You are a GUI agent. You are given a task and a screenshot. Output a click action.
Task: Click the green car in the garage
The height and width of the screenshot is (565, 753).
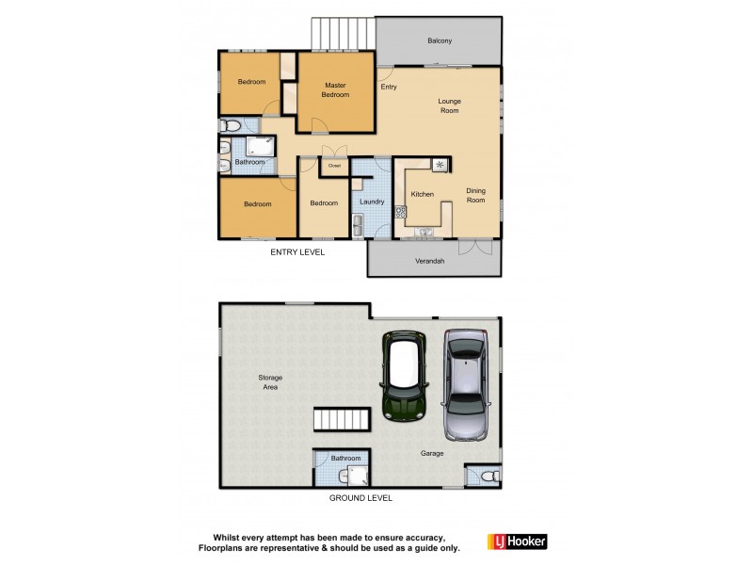pyautogui.click(x=406, y=376)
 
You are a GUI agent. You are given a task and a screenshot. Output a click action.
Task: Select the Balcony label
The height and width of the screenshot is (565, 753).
pyautogui.click(x=440, y=40)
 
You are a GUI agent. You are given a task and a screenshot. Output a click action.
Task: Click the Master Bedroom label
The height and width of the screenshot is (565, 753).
pyautogui.click(x=336, y=89)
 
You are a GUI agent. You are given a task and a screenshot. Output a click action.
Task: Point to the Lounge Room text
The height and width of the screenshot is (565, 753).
pyautogui.click(x=449, y=105)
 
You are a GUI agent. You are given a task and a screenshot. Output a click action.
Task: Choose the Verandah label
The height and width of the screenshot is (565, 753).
pyautogui.click(x=429, y=260)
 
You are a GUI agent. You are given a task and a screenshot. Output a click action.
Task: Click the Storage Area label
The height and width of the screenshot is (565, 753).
pyautogui.click(x=271, y=381)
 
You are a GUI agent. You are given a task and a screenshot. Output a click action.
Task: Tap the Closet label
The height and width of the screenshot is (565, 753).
pyautogui.click(x=334, y=166)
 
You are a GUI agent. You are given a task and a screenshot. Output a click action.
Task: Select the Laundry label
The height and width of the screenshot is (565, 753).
pyautogui.click(x=371, y=202)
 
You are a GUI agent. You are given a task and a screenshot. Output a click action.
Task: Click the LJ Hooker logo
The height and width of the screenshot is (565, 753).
pyautogui.click(x=517, y=541)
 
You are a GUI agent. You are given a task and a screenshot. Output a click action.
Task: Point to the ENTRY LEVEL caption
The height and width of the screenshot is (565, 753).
pyautogui.click(x=297, y=252)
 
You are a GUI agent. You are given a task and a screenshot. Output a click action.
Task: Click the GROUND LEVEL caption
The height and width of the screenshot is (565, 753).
pyautogui.click(x=360, y=498)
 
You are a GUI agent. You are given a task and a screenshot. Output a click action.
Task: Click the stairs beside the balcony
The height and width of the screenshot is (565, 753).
pyautogui.click(x=342, y=32)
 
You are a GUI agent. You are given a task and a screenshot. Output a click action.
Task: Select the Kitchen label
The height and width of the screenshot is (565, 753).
pyautogui.click(x=423, y=194)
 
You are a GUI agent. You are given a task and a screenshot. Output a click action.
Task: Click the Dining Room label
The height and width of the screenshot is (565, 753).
pyautogui.click(x=476, y=195)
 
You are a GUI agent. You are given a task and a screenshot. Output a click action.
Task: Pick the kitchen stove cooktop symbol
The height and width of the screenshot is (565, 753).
pyautogui.click(x=440, y=166)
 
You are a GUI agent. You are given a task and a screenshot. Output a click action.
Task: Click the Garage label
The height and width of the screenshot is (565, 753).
pyautogui.click(x=432, y=453)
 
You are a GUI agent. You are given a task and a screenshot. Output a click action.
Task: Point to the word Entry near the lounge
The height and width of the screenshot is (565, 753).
pyautogui.click(x=389, y=87)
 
